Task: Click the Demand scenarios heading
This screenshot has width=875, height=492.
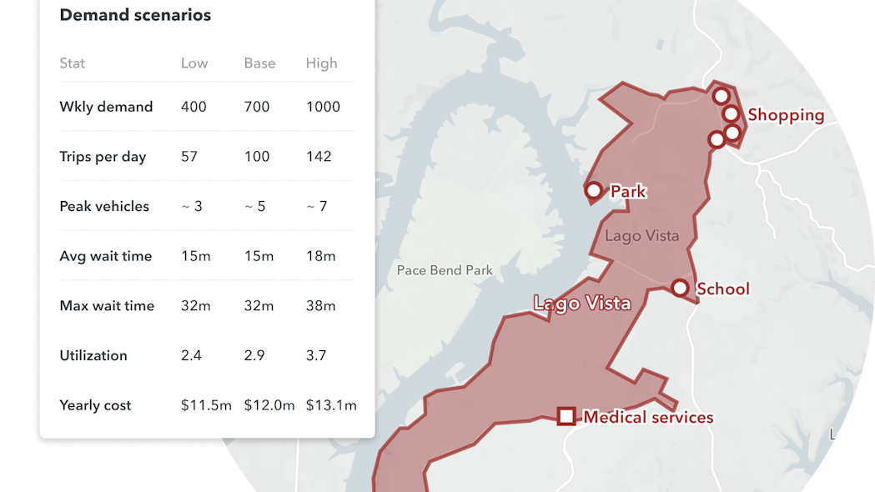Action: pos(135,15)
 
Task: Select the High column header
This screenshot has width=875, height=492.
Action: pos(321,63)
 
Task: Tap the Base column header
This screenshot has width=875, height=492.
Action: pos(259,63)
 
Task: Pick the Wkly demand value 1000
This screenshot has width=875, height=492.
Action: pos(323,107)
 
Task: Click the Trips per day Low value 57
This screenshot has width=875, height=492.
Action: pos(189,157)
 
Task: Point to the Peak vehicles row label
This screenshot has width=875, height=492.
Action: pos(104,206)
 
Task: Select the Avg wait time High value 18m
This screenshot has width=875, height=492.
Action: pos(321,256)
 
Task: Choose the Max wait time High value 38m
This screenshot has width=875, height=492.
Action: pos(321,306)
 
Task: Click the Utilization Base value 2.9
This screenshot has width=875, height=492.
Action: pos(254,355)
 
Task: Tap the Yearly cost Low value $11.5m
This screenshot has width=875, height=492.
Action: pos(206,405)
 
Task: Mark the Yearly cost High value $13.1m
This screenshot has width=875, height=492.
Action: pos(331,405)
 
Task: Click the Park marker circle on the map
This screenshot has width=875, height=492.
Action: pos(594,191)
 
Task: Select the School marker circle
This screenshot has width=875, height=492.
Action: pos(680,289)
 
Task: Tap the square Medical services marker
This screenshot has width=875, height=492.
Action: pos(566,415)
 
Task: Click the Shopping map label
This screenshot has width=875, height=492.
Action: pos(786,115)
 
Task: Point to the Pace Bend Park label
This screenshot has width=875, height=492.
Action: pos(445,270)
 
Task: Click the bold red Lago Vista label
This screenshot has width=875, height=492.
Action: pos(581,303)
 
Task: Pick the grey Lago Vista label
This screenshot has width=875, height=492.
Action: pos(641,236)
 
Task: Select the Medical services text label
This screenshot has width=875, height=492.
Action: pos(648,417)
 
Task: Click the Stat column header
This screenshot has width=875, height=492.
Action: pos(73,63)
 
